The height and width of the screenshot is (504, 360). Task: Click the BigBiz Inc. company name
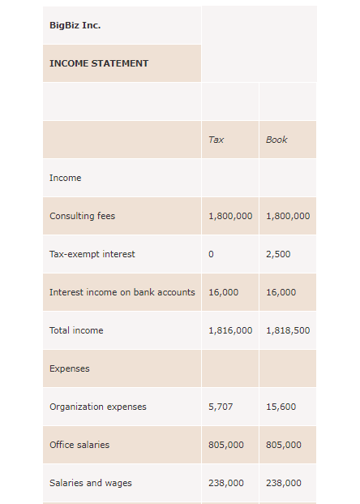tap(75, 25)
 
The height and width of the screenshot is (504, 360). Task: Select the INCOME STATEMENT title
tap(99, 63)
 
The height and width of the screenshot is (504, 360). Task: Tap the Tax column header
tap(216, 140)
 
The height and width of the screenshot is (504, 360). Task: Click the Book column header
tap(276, 140)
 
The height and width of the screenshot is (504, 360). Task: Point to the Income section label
tap(65, 178)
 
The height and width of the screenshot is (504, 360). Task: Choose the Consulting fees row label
tap(82, 216)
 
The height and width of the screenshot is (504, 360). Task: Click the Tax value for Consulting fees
tap(230, 216)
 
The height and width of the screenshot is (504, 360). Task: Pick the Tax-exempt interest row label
tap(92, 254)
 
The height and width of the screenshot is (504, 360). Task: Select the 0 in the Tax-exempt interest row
tap(211, 254)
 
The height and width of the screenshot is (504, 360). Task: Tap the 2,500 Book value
tap(278, 254)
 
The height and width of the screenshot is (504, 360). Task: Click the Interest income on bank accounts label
tap(122, 292)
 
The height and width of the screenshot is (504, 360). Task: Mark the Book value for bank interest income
tap(281, 292)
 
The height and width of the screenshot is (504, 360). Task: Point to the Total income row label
tap(76, 330)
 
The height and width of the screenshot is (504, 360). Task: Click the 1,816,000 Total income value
tap(230, 330)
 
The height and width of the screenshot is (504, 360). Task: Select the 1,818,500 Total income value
tap(288, 330)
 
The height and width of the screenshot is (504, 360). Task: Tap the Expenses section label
tap(69, 368)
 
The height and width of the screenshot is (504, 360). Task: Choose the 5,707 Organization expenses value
tap(221, 407)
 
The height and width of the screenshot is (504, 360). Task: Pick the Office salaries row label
tap(79, 445)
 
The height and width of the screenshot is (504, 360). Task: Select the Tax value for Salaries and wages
tap(226, 483)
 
